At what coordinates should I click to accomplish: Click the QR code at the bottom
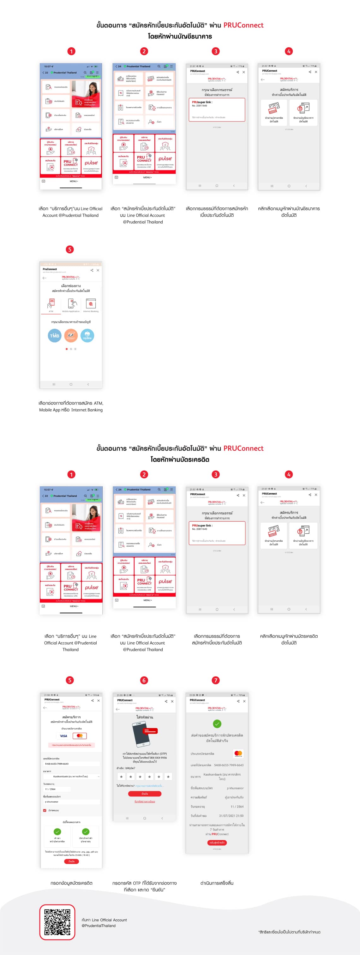57,922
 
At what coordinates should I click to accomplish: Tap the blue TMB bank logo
55,335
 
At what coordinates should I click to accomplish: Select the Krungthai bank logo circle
87,335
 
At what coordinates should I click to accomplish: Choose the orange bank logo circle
71,335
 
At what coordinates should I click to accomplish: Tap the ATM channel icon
51,304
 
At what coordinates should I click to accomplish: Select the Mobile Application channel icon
71,304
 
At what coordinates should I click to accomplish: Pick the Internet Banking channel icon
91,304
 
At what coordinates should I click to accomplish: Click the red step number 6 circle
144,680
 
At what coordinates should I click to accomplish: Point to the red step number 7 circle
215,680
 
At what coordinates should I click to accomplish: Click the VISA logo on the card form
64,736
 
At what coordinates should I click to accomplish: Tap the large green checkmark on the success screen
217,723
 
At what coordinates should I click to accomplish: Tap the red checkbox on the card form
45,810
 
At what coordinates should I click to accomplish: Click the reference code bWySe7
130,768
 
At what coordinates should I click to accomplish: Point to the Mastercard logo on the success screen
238,753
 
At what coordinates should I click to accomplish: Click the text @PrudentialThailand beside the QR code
99,925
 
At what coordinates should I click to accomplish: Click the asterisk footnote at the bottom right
289,932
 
